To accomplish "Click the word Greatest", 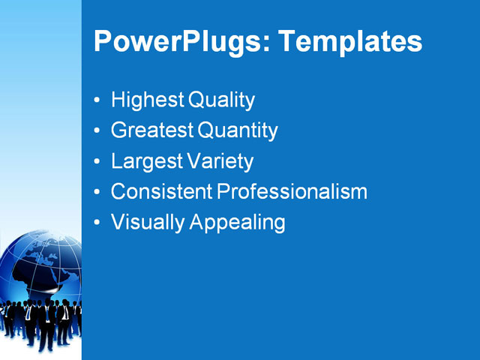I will pos(152,130).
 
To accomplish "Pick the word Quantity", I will pos(238,131).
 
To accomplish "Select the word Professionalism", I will pos(292,192).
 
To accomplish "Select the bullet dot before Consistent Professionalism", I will pos(97,193).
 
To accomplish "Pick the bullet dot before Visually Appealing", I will pos(97,223).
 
